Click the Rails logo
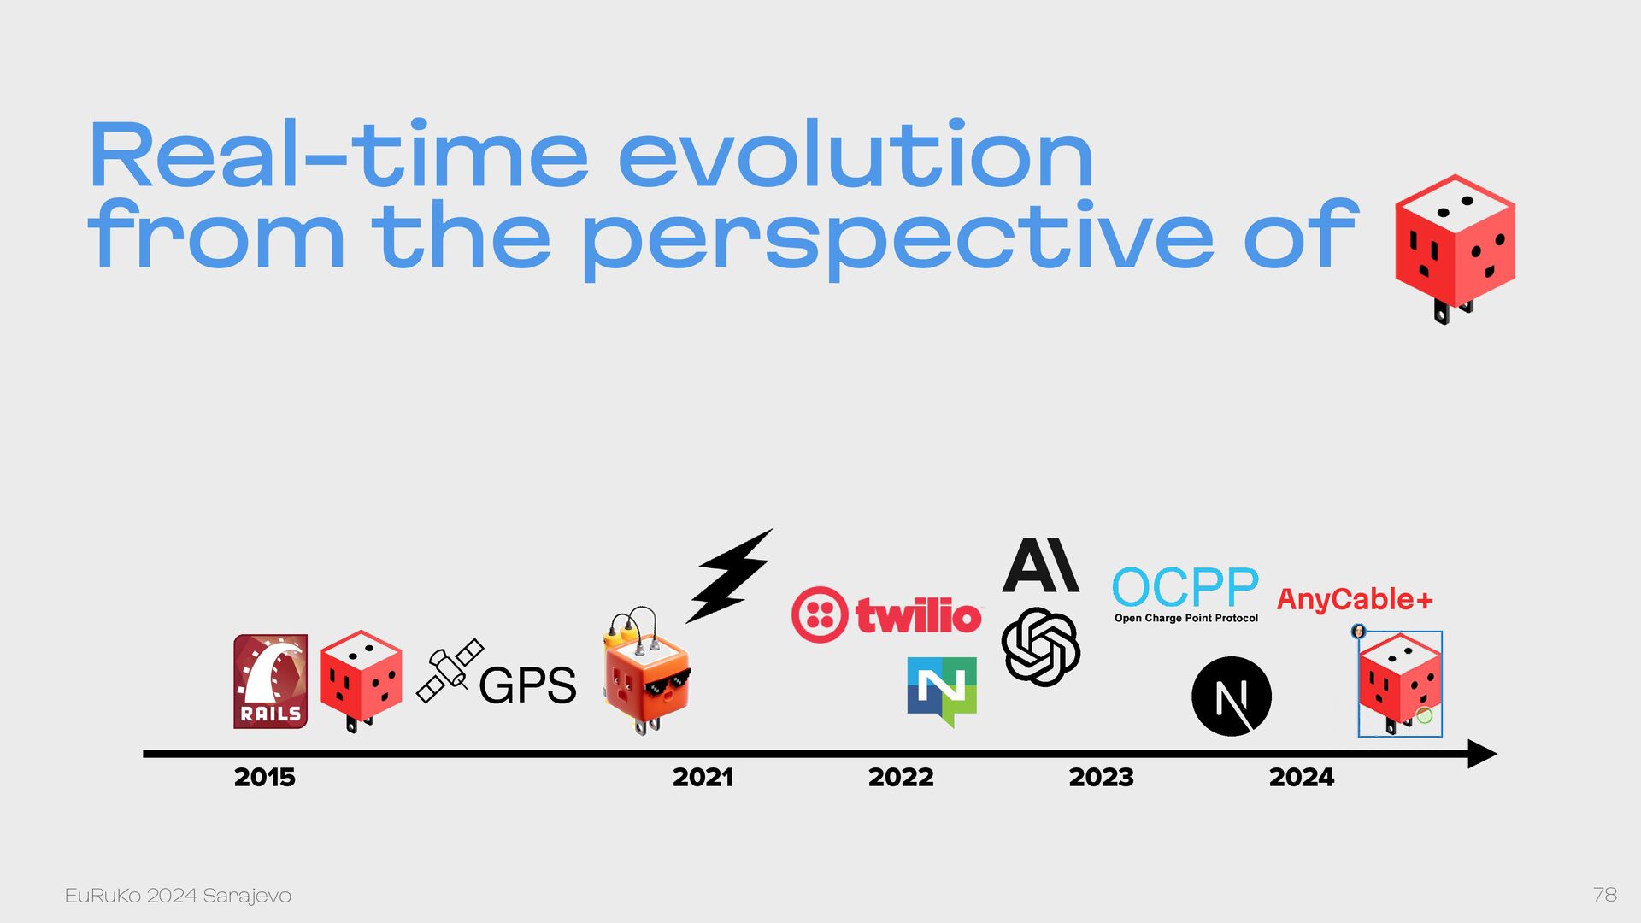point(270,681)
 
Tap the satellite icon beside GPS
point(450,671)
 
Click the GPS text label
point(527,685)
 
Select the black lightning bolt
point(729,575)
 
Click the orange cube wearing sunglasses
point(646,673)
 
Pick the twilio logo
point(886,614)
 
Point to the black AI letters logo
point(1040,565)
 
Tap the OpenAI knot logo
point(1040,647)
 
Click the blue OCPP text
point(1185,587)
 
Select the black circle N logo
point(1231,697)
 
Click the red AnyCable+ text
point(1355,599)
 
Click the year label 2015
point(265,777)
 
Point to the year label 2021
point(703,777)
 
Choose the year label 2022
point(901,777)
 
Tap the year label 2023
point(1101,777)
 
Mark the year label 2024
point(1302,777)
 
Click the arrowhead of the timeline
point(1483,754)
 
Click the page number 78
point(1605,895)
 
